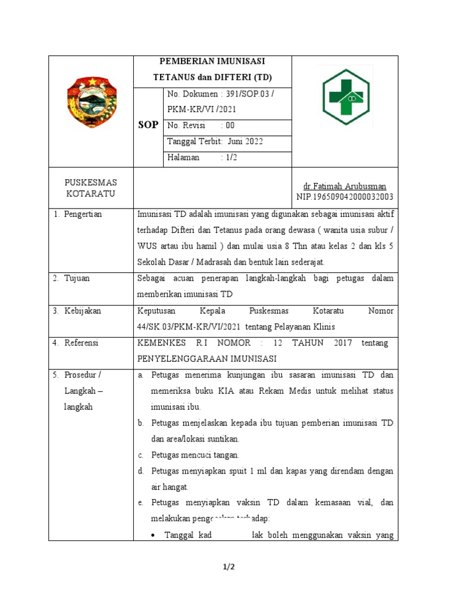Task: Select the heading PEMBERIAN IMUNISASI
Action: click(x=212, y=61)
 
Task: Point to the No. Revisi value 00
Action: click(x=230, y=126)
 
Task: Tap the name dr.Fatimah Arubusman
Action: click(x=345, y=186)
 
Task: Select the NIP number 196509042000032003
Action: click(x=345, y=197)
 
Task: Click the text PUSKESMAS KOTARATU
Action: click(x=91, y=188)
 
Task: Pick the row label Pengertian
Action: click(x=83, y=214)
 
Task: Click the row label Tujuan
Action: click(x=77, y=278)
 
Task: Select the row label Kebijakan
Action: click(x=83, y=311)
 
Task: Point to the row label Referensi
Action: click(x=82, y=343)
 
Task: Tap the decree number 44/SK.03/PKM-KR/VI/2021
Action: click(x=190, y=326)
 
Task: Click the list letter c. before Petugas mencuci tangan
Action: click(x=140, y=455)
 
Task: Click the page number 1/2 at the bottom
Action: click(x=228, y=567)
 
